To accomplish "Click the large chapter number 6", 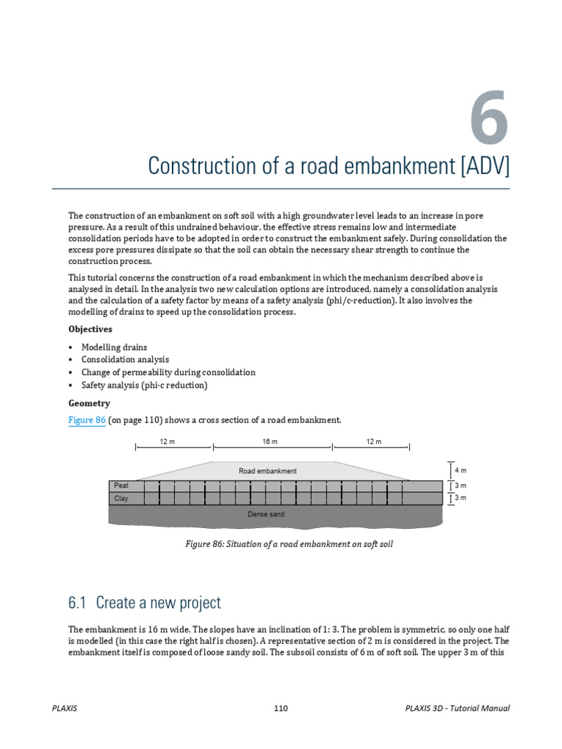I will (484, 117).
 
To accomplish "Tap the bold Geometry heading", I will (89, 403).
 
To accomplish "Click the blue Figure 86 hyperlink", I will (86, 420).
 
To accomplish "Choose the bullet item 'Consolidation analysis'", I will (125, 360).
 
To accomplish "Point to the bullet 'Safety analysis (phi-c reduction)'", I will (144, 385).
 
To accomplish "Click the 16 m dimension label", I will (270, 441).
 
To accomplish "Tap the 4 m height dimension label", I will (460, 470).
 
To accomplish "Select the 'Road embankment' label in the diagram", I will (268, 471).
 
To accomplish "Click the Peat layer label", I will (121, 485).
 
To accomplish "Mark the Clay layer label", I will (121, 499).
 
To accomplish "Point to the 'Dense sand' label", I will (266, 514).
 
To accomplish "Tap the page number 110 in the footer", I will (281, 708).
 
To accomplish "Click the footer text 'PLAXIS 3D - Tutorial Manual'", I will (457, 708).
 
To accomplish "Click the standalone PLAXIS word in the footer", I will (65, 708).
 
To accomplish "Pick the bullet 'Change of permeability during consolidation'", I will (168, 372).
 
